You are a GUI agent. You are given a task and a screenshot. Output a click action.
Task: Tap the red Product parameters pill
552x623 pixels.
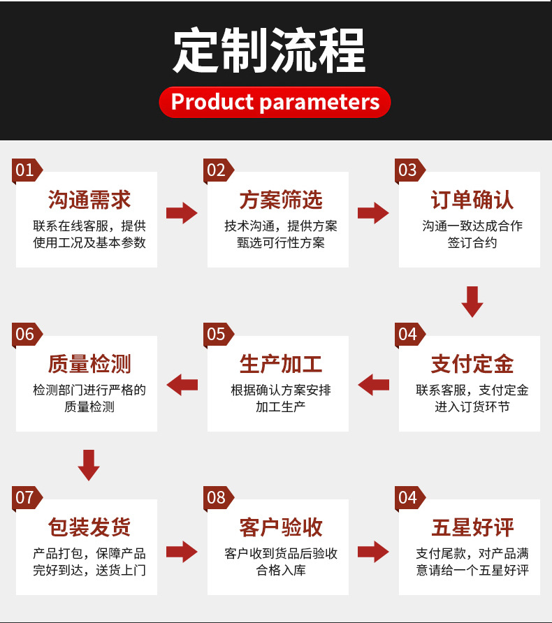275,102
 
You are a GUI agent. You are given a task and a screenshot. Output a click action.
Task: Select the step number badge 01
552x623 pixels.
26,170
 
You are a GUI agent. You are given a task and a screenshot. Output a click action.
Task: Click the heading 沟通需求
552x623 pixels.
89,200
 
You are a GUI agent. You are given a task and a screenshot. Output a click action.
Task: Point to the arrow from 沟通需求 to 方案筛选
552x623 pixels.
182,213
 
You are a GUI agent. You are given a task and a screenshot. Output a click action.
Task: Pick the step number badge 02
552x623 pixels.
217,170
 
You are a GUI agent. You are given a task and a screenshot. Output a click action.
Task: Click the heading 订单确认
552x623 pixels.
472,200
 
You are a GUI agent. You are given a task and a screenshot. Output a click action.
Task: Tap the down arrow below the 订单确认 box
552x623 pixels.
473,300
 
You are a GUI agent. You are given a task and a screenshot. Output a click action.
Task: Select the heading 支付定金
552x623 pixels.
472,364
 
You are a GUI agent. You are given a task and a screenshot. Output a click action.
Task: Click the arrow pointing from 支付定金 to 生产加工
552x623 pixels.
374,383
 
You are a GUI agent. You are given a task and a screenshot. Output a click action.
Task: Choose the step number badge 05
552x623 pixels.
217,334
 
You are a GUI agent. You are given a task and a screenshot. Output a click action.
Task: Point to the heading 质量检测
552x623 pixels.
89,364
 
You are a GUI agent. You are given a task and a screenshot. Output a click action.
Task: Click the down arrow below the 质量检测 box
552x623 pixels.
89,464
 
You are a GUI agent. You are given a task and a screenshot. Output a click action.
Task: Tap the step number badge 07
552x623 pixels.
26,497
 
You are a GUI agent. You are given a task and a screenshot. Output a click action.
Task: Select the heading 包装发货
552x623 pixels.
89,527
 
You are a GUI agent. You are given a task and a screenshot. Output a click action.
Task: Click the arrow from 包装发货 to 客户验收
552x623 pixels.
182,551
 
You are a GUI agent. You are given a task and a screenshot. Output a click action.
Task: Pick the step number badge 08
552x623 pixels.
217,497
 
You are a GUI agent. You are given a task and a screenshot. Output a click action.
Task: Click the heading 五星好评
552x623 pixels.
472,527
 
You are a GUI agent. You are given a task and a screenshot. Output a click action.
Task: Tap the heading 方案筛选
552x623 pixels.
281,200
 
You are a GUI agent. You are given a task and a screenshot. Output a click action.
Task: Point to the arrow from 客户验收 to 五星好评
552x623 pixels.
374,551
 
